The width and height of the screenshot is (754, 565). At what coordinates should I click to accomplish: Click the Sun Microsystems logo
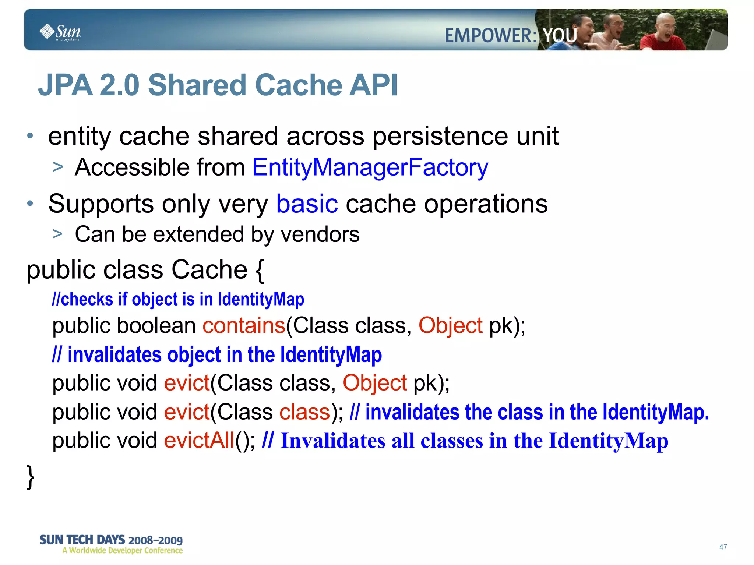point(60,32)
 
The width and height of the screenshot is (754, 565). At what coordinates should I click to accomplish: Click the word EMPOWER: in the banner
point(491,36)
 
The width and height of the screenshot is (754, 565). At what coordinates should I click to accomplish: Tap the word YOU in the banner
point(560,36)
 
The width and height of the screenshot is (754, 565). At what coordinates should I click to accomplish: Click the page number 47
point(723,547)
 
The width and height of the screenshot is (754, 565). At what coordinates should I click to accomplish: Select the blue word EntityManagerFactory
point(370,167)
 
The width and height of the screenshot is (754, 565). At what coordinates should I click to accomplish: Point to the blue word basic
point(307,204)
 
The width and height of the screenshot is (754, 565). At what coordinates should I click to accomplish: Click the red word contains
point(244,326)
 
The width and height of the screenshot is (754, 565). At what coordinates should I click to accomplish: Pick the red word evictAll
point(199,441)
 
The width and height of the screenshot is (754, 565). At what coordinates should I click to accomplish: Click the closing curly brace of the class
point(31,477)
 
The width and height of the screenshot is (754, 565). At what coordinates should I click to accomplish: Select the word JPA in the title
point(65,85)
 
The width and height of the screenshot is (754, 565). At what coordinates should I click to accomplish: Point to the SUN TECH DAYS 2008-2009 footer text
point(111,540)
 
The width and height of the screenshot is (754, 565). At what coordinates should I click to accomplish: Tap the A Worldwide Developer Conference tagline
point(122,551)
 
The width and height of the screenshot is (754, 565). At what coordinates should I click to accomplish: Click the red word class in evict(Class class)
point(304,412)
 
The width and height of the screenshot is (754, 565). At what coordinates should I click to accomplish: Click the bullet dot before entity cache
point(30,136)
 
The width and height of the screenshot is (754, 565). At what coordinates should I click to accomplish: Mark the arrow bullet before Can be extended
point(58,234)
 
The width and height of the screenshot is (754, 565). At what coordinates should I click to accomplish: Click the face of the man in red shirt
point(665,26)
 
